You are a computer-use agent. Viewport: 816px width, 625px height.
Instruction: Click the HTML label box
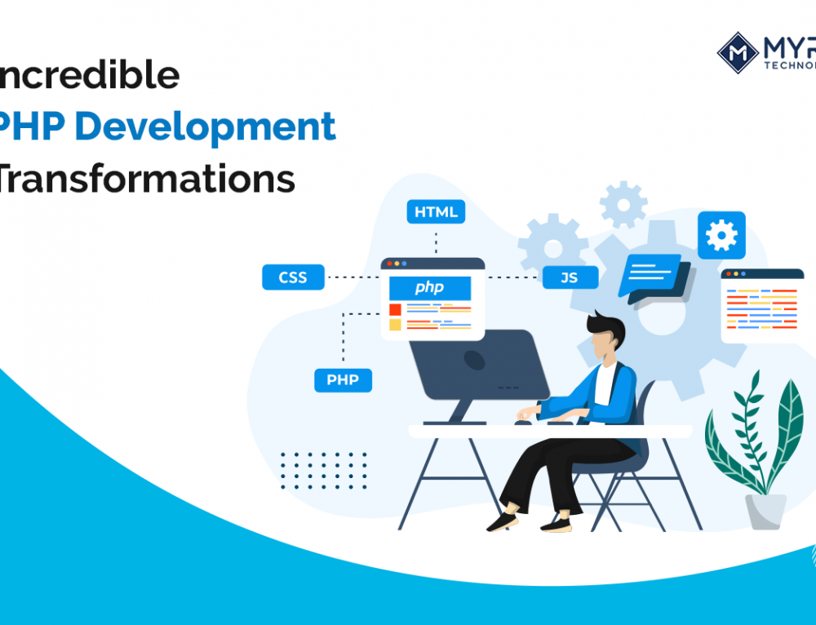pyautogui.click(x=436, y=212)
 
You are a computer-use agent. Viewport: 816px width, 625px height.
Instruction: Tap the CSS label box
pyautogui.click(x=293, y=277)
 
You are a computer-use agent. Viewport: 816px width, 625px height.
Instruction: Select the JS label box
pyautogui.click(x=570, y=277)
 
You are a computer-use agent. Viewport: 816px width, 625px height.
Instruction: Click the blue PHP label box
pyautogui.click(x=343, y=380)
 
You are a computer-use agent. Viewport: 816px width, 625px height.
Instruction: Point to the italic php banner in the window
pyautogui.click(x=430, y=287)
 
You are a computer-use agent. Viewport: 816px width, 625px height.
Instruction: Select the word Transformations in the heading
pyautogui.click(x=147, y=179)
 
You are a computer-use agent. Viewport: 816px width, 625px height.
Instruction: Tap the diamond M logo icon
pyautogui.click(x=738, y=52)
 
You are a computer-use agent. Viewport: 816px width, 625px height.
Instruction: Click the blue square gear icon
pyautogui.click(x=721, y=235)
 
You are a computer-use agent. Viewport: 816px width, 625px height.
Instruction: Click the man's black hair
pyautogui.click(x=608, y=329)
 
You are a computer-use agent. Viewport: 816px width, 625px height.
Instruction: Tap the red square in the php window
pyautogui.click(x=395, y=309)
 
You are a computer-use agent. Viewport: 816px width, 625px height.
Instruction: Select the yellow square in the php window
pyautogui.click(x=395, y=325)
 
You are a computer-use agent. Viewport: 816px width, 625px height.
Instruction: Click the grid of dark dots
pyautogui.click(x=323, y=471)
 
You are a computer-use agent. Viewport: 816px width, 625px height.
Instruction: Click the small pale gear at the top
pyautogui.click(x=623, y=204)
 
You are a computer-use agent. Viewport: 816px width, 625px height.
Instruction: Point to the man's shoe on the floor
pyautogui.click(x=503, y=521)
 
